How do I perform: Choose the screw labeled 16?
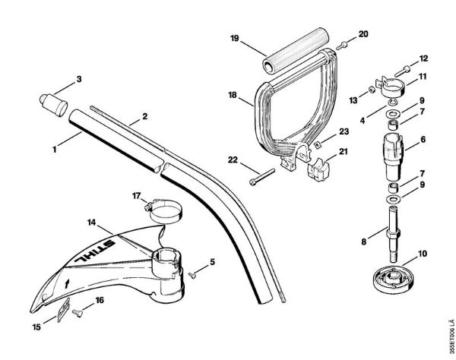tap(77, 311)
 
